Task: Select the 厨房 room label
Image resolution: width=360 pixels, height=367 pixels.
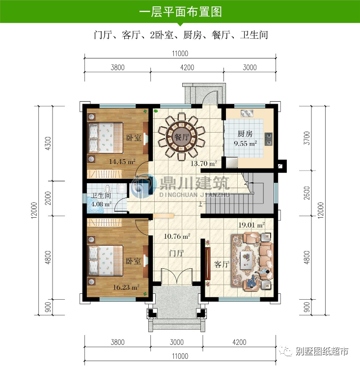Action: pos(245,134)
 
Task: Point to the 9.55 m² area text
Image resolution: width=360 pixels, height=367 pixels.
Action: pos(245,144)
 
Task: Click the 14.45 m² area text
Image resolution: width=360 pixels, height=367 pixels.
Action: pos(122,161)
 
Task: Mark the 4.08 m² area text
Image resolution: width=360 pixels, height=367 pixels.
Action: pos(101,204)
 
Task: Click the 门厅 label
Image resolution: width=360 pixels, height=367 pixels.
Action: pos(176,254)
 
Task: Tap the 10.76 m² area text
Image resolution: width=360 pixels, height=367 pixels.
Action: pos(177,236)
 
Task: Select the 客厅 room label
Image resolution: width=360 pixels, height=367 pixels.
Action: pos(222,264)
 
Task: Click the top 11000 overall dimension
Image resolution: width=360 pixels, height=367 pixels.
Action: pos(180,54)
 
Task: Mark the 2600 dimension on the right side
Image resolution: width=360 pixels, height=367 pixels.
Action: pos(307,193)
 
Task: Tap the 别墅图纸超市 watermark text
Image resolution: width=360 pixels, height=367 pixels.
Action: pos(323,351)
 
